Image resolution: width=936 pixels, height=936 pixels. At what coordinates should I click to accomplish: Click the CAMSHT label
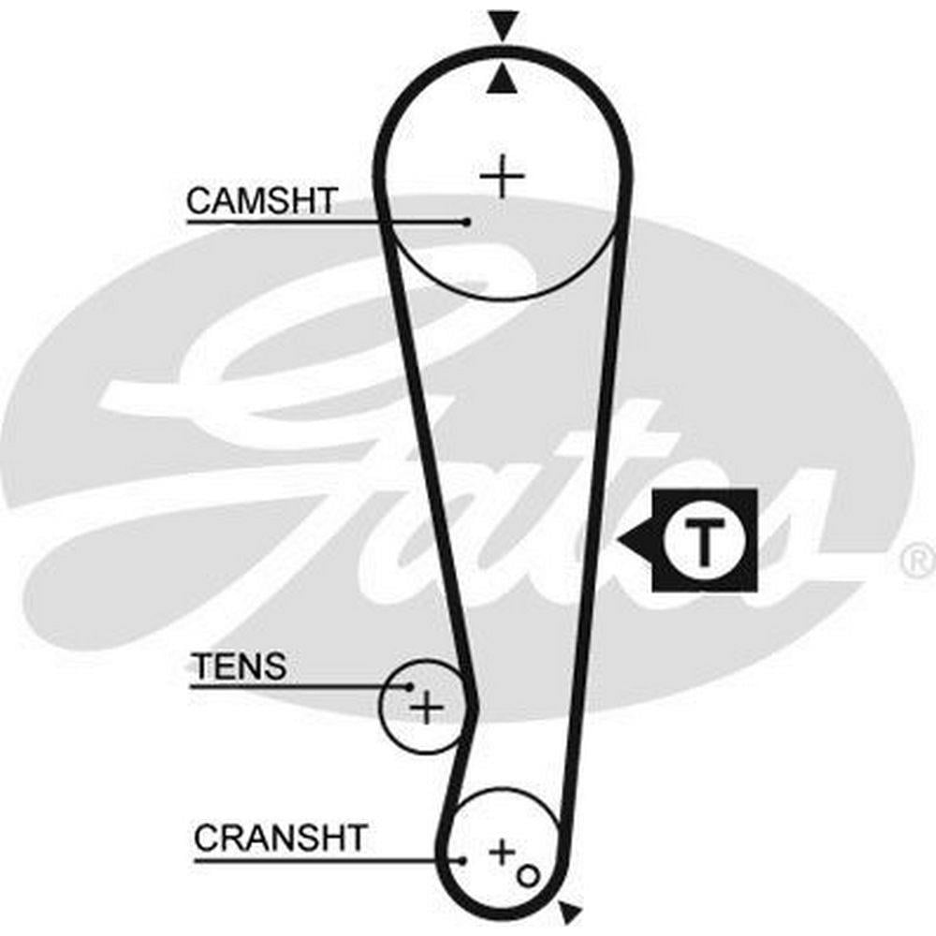tap(261, 200)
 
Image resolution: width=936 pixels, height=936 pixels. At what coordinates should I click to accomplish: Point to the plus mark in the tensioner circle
tap(427, 708)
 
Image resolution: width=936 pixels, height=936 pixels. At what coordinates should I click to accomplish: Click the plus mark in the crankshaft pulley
tap(502, 852)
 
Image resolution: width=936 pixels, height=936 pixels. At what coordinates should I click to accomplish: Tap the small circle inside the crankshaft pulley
tap(527, 875)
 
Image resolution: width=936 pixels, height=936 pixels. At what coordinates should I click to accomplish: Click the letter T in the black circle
tap(703, 540)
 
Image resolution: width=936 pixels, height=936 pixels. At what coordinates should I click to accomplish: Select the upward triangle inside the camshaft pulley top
tap(504, 81)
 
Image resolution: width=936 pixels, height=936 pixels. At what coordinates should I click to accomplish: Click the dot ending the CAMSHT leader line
tap(466, 222)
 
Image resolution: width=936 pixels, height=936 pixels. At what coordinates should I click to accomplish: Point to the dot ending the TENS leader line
tap(409, 686)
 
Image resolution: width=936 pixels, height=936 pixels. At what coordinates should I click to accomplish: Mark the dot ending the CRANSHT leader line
tap(461, 859)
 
